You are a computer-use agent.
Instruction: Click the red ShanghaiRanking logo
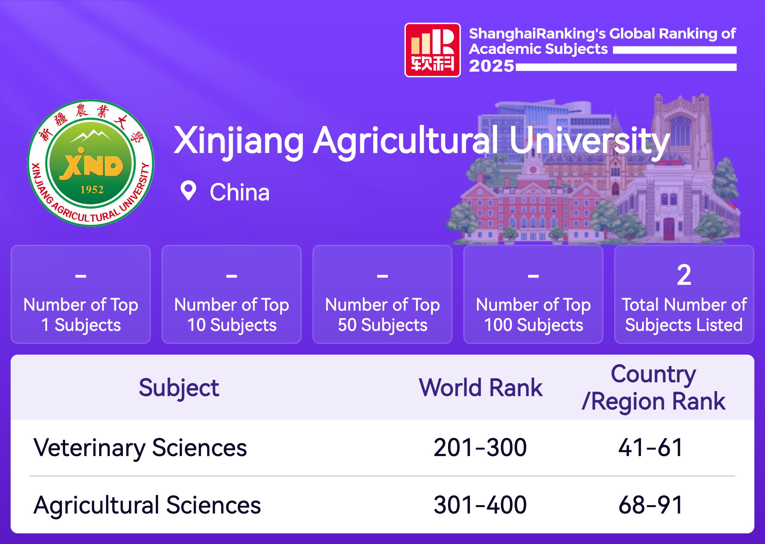click(432, 50)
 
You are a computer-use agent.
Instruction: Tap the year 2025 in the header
click(492, 66)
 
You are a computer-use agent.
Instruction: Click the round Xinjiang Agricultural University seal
click(91, 163)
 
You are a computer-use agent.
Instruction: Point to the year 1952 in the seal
click(92, 190)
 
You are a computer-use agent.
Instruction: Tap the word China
click(240, 192)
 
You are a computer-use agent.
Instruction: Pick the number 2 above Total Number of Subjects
click(684, 275)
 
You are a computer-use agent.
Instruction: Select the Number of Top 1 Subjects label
click(81, 315)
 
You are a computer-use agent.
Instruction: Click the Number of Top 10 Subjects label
click(232, 315)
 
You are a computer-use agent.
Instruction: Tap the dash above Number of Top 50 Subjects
click(382, 276)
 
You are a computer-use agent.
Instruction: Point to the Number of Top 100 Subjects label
click(533, 315)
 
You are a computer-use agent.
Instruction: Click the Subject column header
click(179, 388)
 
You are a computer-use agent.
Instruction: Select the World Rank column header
click(481, 388)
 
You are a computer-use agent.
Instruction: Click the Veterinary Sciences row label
click(140, 448)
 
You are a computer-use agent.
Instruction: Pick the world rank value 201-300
click(480, 448)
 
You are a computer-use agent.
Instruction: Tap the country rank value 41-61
click(651, 448)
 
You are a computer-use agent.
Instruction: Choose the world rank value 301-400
click(480, 505)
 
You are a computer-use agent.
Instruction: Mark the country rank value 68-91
click(651, 505)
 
